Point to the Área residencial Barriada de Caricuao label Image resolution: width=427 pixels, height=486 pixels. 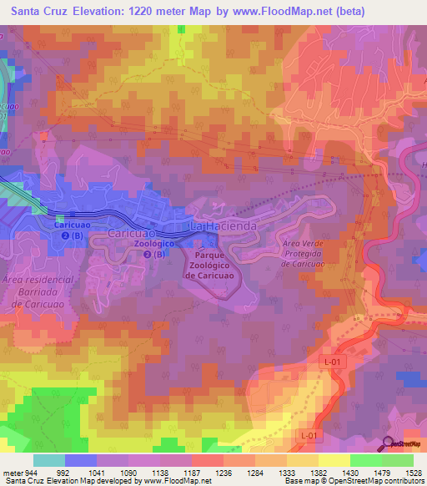(x=38, y=292)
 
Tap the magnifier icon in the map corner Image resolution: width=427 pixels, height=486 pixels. (x=388, y=443)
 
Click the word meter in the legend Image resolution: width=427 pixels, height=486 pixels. (x=11, y=473)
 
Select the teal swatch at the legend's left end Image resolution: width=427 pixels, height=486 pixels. (x=48, y=460)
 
